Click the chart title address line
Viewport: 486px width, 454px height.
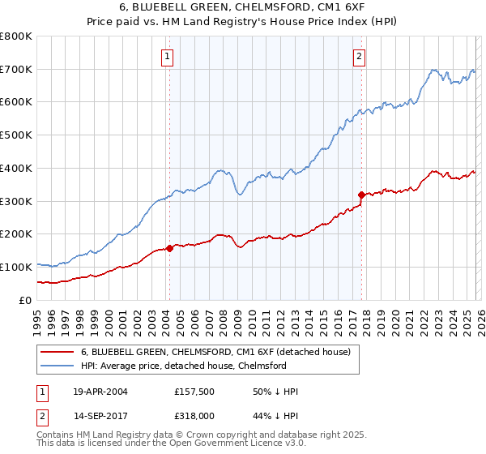tap(242, 8)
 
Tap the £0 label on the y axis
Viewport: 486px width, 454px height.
tap(25, 300)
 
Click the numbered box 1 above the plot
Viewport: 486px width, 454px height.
tap(168, 56)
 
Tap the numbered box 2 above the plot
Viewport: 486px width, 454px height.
tap(359, 56)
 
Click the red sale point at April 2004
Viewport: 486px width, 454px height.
tap(169, 248)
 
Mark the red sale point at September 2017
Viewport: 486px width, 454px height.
tap(361, 195)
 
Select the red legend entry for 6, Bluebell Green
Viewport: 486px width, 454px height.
tap(215, 352)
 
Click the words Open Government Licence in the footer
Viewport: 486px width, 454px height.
tap(215, 445)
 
